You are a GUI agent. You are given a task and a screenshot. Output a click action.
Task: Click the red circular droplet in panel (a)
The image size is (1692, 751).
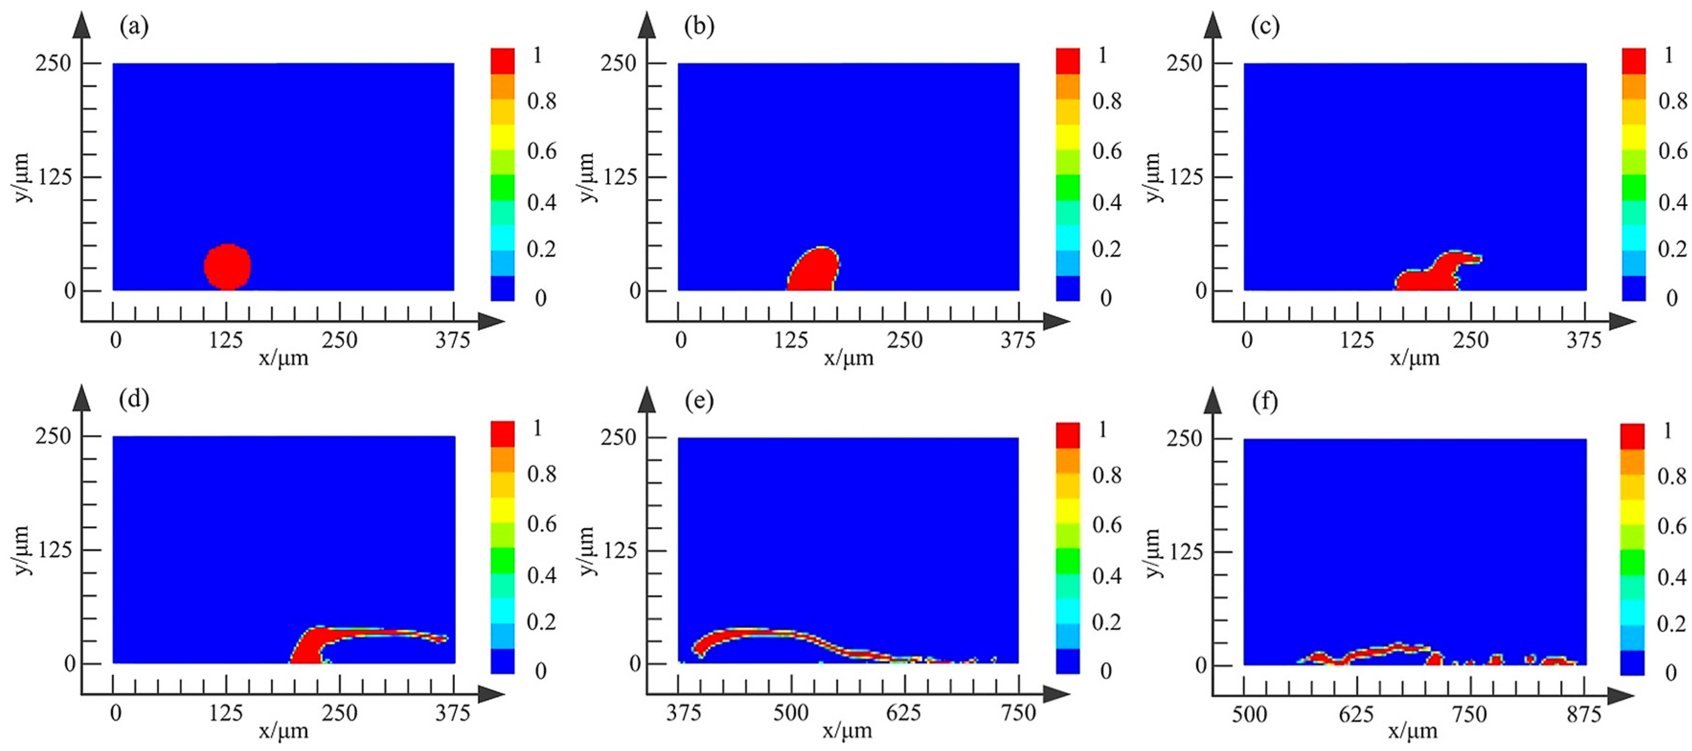227,267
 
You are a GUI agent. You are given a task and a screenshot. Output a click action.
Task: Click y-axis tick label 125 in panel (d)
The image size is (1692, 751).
55,550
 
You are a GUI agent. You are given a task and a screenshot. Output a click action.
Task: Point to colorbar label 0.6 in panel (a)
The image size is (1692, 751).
542,151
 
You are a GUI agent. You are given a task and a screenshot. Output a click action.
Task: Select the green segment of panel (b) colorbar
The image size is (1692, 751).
1068,187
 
